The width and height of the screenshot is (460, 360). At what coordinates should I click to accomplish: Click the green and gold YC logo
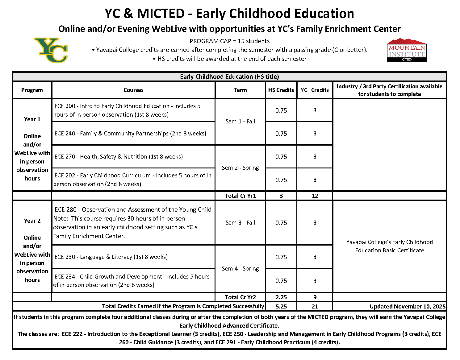(51, 50)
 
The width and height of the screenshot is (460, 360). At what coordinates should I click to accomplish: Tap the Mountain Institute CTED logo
(407, 50)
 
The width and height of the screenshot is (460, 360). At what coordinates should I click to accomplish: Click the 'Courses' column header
(133, 90)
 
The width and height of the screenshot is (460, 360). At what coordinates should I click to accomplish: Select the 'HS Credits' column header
(281, 90)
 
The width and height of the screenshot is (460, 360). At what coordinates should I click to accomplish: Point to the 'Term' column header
(240, 90)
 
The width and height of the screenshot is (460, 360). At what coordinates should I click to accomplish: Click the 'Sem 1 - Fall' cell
(240, 122)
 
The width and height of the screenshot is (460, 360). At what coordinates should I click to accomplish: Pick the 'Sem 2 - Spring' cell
(240, 168)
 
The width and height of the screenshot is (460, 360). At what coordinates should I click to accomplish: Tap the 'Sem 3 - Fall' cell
(240, 223)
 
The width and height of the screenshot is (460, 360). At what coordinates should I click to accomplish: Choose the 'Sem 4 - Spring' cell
(240, 269)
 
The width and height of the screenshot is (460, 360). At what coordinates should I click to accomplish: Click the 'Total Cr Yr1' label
(240, 196)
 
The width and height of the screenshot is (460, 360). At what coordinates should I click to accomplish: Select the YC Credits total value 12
(315, 196)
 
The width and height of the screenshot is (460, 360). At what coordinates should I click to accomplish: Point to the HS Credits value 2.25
(281, 297)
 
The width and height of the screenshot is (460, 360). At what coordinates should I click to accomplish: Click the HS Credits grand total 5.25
(281, 306)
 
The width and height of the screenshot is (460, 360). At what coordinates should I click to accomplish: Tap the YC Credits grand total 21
(315, 306)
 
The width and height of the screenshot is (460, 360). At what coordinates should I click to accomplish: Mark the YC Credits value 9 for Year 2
(315, 297)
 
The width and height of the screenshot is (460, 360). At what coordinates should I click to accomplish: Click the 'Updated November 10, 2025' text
(407, 306)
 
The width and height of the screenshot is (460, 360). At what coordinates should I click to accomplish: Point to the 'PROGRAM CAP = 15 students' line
(229, 41)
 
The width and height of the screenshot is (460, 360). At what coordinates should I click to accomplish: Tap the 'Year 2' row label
(32, 221)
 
